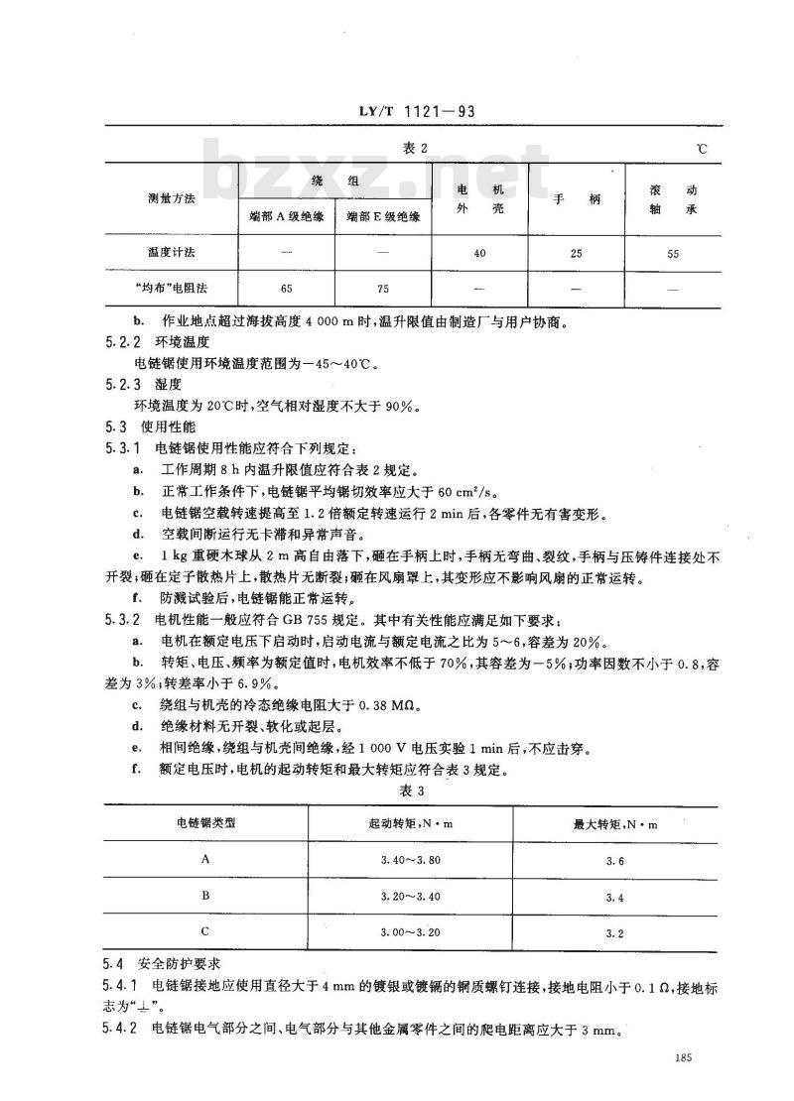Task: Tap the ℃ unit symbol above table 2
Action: (703, 149)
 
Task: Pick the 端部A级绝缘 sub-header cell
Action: (285, 218)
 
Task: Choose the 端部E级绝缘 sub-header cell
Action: (383, 218)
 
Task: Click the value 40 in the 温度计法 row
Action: (479, 254)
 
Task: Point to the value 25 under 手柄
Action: (576, 254)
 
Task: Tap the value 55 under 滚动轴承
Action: (673, 254)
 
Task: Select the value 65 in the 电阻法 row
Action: (286, 289)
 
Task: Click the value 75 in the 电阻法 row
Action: (383, 289)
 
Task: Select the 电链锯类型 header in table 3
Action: (205, 823)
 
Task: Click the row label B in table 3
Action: (205, 897)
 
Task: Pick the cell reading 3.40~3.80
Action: (411, 861)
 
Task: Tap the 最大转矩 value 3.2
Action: (613, 933)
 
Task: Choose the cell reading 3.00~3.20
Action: (411, 933)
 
